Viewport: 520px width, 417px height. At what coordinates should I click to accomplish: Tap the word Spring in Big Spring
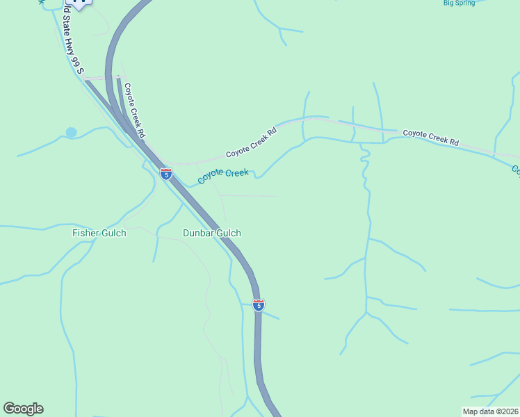466,3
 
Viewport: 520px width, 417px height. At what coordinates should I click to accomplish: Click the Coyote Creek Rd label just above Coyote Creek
251,142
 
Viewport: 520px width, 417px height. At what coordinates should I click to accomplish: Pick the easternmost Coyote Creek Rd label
431,136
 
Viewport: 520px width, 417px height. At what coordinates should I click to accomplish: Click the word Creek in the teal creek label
236,171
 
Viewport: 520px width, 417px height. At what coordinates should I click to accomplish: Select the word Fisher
86,234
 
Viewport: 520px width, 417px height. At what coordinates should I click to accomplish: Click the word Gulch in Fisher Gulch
113,234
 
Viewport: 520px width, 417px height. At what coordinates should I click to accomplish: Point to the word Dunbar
198,234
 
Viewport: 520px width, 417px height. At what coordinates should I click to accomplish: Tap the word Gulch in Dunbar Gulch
228,234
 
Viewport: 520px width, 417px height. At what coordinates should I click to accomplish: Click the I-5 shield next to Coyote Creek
166,174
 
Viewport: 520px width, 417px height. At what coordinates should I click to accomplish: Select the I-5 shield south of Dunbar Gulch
258,304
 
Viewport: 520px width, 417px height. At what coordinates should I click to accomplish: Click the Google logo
23,409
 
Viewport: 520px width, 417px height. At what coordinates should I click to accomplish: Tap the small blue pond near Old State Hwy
71,132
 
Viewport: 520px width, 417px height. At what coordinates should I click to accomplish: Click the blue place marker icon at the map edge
81,3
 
